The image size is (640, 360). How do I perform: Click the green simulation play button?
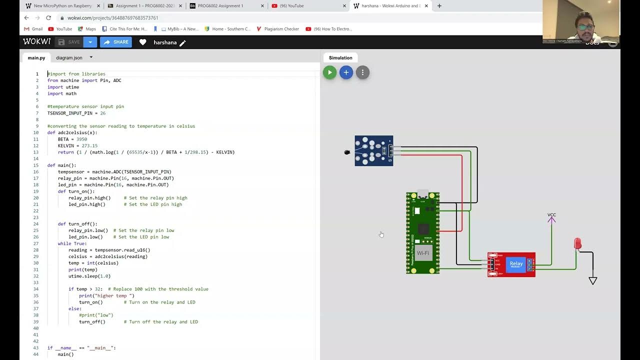329,72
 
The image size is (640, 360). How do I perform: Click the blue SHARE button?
115,42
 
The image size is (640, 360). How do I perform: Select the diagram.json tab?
69,58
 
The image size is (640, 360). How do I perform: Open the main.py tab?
36,58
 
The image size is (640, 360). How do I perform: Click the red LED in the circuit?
577,244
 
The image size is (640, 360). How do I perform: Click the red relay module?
511,264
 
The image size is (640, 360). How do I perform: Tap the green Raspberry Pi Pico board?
422,233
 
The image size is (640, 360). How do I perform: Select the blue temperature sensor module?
374,150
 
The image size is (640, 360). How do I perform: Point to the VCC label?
551,215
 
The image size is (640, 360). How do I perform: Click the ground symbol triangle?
593,281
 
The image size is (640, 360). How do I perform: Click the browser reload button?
48,17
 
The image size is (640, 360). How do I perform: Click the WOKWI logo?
36,42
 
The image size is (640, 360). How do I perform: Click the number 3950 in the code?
81,139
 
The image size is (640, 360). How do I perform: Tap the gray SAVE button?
69,42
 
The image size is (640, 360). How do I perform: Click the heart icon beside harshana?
142,42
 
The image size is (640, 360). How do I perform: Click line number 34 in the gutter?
36,289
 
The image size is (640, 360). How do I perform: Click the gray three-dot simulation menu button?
362,72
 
